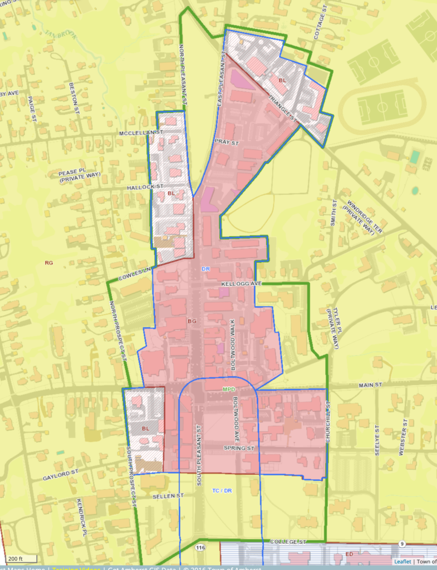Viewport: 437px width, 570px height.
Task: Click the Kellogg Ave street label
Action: pyautogui.click(x=241, y=284)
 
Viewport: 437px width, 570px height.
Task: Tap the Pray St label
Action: pyautogui.click(x=226, y=143)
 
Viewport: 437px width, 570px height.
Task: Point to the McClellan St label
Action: pyautogui.click(x=140, y=134)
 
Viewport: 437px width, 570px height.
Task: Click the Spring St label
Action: pyautogui.click(x=239, y=448)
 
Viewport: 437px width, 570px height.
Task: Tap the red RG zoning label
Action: pyautogui.click(x=48, y=262)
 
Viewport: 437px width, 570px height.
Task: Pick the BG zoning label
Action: pyautogui.click(x=193, y=321)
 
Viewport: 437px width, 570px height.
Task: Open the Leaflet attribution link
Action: pyautogui.click(x=402, y=562)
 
